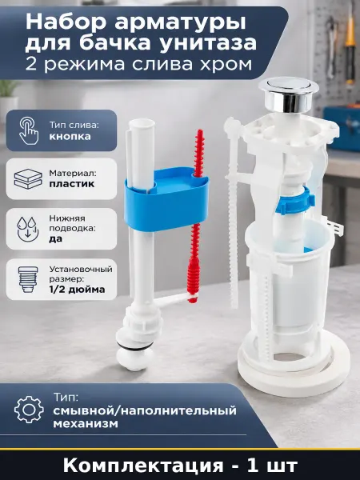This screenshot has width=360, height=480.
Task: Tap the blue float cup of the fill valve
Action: [x=166, y=199]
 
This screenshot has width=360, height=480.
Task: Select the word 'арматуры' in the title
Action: [x=180, y=23]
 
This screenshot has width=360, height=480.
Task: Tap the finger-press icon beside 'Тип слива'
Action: [x=29, y=130]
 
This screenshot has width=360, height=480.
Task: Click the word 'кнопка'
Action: [x=70, y=136]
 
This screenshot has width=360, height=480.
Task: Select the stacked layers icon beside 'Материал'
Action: [x=28, y=178]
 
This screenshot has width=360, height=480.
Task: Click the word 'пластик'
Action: [x=72, y=184]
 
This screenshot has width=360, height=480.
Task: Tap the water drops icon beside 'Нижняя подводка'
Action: [x=28, y=229]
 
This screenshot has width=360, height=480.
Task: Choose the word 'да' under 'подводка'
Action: [x=56, y=239]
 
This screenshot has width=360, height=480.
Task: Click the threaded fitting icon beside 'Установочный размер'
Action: [x=28, y=279]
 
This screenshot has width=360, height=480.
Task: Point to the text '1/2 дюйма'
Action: [x=77, y=290]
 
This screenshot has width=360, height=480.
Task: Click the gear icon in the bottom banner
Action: [x=29, y=410]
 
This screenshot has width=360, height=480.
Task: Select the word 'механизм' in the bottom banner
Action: [x=86, y=424]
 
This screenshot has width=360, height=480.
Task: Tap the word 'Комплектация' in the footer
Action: [x=143, y=466]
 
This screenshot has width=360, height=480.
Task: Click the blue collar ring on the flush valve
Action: [x=294, y=201]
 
